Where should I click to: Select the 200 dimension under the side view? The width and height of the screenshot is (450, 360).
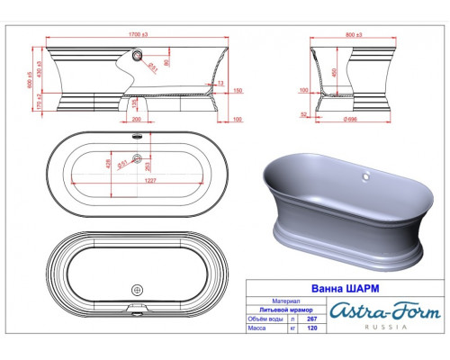[136, 118]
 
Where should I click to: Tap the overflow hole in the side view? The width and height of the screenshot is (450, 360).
[137, 55]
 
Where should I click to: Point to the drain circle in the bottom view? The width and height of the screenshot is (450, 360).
[137, 290]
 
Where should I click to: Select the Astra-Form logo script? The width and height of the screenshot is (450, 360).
[385, 312]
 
